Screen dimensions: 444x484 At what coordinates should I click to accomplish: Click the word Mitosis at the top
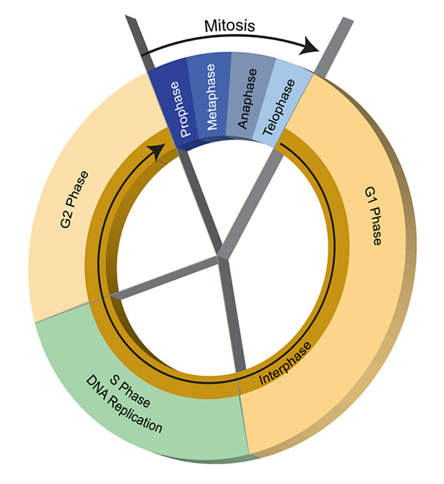pyautogui.click(x=229, y=26)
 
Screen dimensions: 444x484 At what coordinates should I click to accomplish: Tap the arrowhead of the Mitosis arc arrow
pyautogui.click(x=309, y=46)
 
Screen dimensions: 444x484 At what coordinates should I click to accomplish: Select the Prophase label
pyautogui.click(x=180, y=109)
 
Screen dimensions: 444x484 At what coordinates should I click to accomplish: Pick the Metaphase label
pyautogui.click(x=211, y=97)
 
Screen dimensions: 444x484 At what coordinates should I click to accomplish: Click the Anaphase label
pyautogui.click(x=247, y=99)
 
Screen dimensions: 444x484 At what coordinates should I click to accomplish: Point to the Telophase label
pyautogui.click(x=278, y=107)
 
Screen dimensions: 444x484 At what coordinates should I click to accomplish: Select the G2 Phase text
pyautogui.click(x=74, y=199)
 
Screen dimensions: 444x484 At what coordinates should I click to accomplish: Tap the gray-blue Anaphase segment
pyautogui.click(x=251, y=95)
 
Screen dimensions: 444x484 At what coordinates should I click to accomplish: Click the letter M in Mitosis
pyautogui.click(x=210, y=26)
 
